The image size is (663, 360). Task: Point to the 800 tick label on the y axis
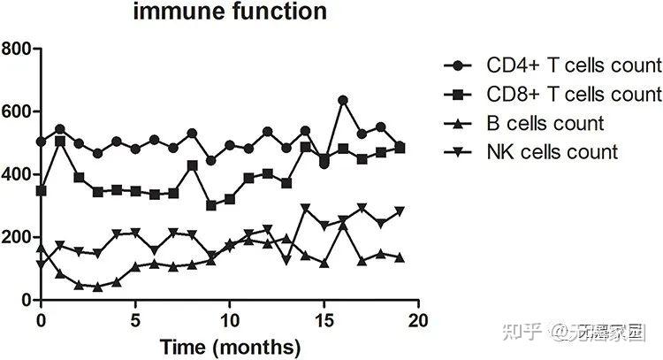click(17, 48)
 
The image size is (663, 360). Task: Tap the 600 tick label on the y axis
click(17, 111)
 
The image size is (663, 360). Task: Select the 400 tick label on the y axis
click(17, 174)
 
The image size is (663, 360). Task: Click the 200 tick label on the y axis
click(17, 237)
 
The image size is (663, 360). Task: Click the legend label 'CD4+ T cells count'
click(574, 65)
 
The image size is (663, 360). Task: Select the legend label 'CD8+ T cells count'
click(574, 94)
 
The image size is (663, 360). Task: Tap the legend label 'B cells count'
click(545, 123)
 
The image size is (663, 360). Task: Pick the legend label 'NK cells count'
click(552, 152)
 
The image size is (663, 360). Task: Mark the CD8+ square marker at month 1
click(60, 141)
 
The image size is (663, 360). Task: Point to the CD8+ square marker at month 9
click(211, 205)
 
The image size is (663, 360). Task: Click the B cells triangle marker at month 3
click(97, 287)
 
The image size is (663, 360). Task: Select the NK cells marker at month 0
click(41, 264)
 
